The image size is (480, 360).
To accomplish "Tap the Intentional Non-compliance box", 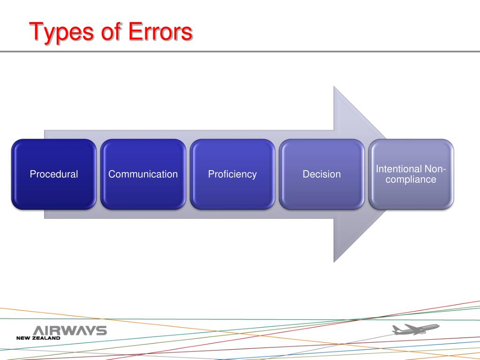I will (411, 192).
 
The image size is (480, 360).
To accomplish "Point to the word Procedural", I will (54, 174).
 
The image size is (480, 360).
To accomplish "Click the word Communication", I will (143, 174).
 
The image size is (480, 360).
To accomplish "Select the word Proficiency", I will (232, 174).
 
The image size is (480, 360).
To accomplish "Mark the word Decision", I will (322, 174).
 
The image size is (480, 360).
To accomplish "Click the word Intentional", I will (399, 169).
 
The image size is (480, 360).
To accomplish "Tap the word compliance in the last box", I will (411, 180).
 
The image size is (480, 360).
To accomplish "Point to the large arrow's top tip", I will (334, 88).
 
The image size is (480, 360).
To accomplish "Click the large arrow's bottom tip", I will (334, 260).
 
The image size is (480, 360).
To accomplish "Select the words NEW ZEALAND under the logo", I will (38, 338).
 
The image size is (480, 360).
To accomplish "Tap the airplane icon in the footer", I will (414, 330).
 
